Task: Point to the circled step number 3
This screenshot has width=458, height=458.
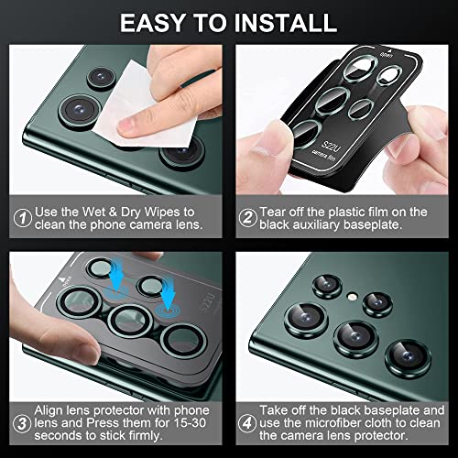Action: point(19,421)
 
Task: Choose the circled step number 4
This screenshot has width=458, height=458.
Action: point(247,421)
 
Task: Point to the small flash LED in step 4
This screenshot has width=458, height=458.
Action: point(352,296)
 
